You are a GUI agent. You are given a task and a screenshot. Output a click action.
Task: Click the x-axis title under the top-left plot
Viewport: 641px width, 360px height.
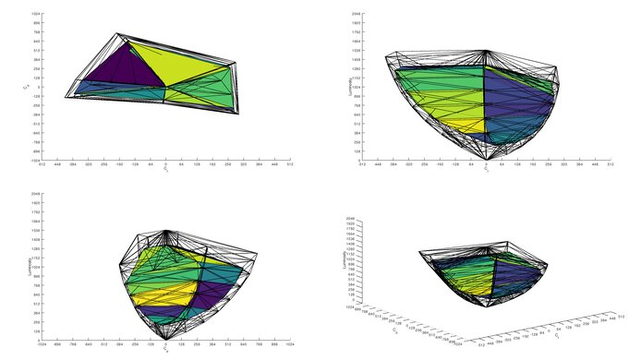tap(165, 171)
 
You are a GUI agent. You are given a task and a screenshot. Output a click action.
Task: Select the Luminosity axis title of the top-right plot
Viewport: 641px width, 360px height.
tap(349, 88)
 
